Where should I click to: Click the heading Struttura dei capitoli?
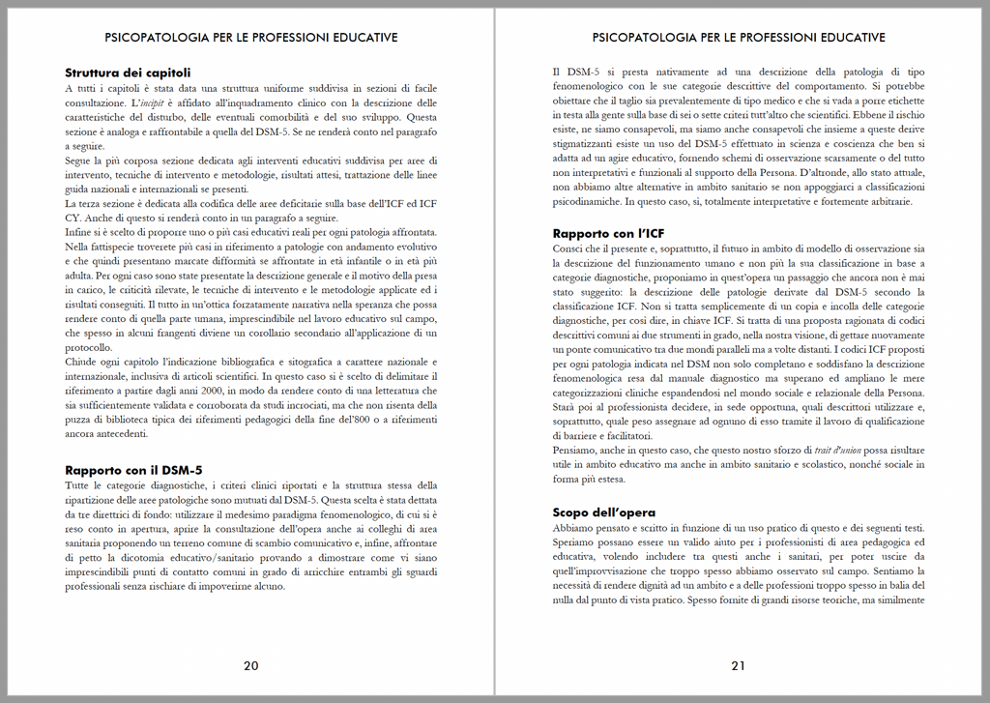pos(128,73)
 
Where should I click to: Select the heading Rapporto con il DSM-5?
pos(132,470)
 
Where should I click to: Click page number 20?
pos(250,665)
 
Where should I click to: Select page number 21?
pos(738,665)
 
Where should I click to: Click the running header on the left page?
pos(250,38)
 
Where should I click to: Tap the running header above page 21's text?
pos(738,38)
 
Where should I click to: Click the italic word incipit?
pos(151,103)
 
